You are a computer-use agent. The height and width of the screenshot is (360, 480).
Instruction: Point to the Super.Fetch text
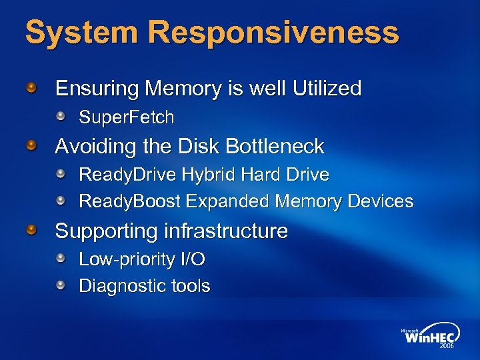[x=127, y=118]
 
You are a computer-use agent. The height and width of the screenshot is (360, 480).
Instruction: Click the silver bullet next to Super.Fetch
[x=61, y=117]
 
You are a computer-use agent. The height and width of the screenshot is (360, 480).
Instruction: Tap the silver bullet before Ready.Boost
[x=61, y=200]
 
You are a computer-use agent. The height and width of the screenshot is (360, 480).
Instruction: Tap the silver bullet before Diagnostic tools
[x=61, y=285]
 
